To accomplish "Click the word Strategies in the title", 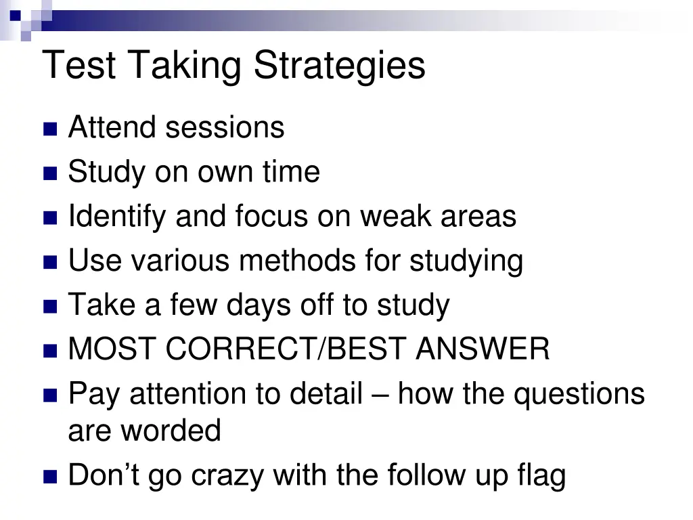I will coord(340,66).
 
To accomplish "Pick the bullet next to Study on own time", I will coord(50,174).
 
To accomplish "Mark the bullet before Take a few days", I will coord(50,307).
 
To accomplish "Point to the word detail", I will coord(326,393).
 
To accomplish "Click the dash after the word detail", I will coord(380,395).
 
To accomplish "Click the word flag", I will coord(543,475).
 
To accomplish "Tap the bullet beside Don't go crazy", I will coord(50,477).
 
